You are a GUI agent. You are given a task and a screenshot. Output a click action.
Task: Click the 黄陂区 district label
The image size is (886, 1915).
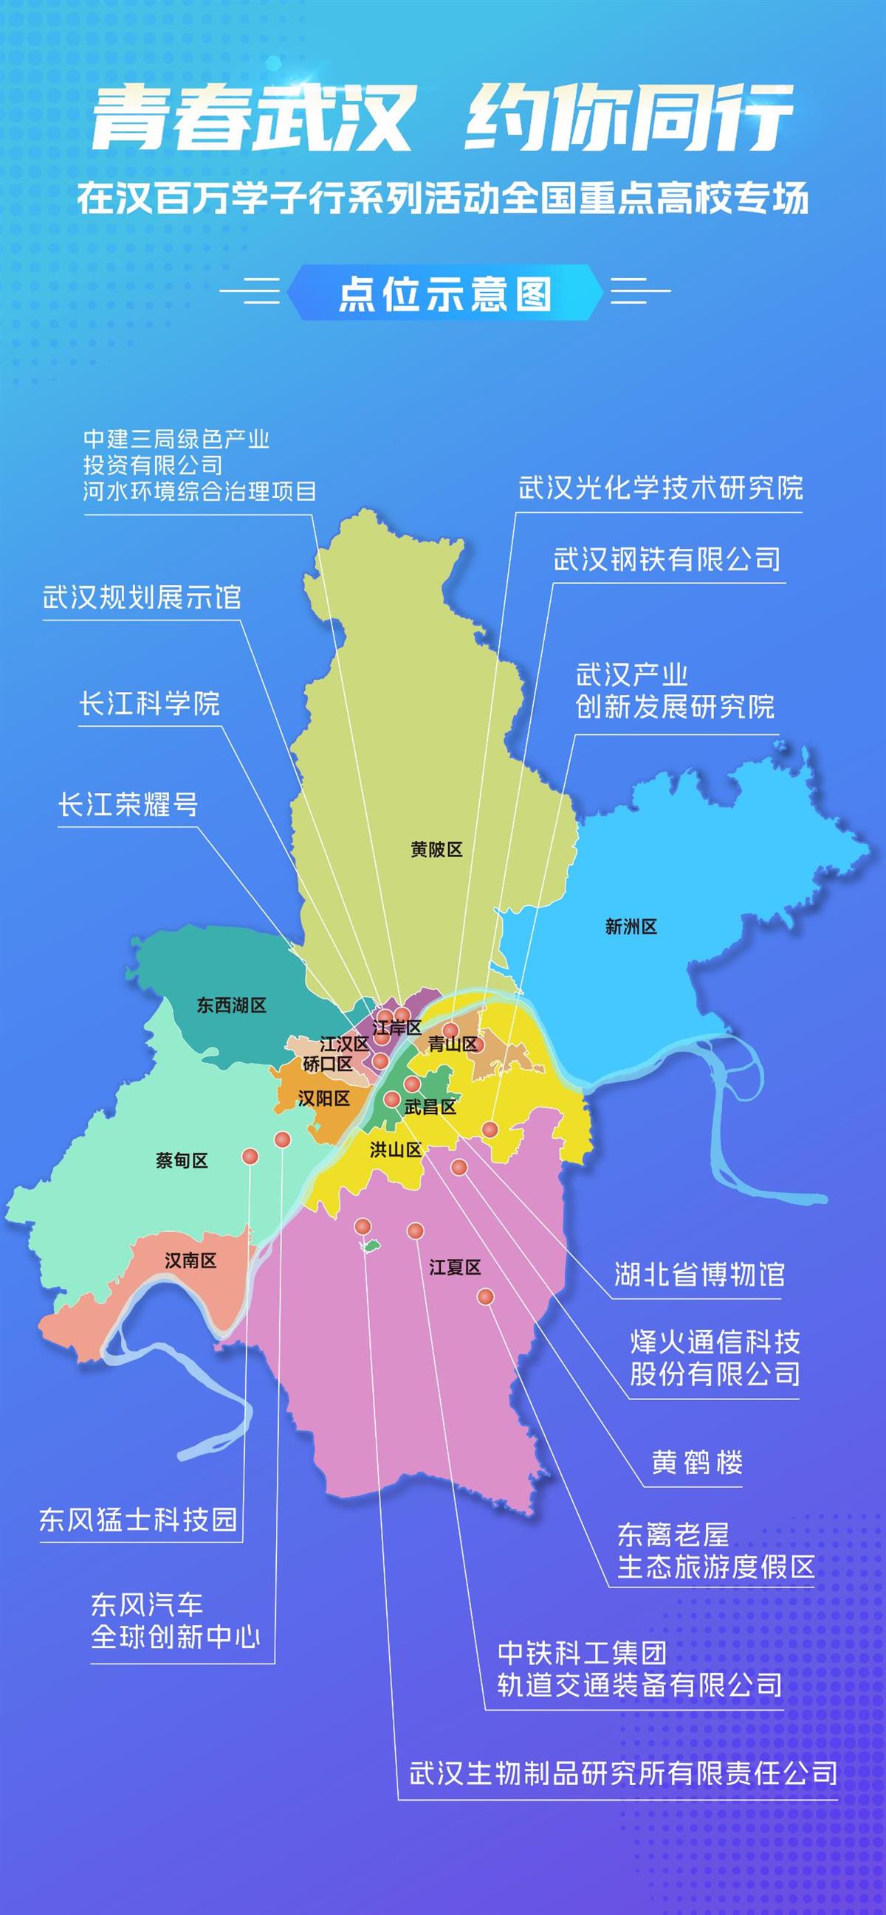[436, 849]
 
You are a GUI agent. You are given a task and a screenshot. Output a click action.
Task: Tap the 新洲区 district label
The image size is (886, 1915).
[631, 927]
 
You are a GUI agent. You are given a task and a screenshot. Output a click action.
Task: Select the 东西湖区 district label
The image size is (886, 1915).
[231, 1005]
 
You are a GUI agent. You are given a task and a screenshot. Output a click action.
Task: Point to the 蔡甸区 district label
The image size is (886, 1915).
[182, 1160]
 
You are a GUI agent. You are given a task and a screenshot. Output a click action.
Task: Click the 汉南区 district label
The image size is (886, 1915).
[190, 1260]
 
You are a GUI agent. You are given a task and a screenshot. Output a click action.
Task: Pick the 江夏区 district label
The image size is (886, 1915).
[455, 1267]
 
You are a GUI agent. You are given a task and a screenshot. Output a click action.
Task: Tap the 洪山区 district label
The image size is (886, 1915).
[396, 1150]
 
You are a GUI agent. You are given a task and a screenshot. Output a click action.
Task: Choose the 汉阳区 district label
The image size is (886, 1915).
[323, 1098]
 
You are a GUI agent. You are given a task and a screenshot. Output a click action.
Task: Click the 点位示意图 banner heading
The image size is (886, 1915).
[444, 294]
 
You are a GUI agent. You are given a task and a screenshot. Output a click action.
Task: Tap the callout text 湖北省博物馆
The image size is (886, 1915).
[699, 1274]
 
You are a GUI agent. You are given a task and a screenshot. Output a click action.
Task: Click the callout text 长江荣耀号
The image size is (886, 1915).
[128, 804]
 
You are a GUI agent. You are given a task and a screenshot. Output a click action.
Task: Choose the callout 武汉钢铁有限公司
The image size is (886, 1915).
[667, 560]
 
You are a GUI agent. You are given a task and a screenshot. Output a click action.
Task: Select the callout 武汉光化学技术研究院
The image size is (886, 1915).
[661, 488]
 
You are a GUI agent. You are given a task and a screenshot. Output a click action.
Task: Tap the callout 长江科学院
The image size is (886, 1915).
[150, 703]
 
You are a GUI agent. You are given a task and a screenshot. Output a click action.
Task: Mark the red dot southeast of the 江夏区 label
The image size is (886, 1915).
[485, 1298]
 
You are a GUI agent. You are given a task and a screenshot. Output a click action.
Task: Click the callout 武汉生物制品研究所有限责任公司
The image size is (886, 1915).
[623, 1774]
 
